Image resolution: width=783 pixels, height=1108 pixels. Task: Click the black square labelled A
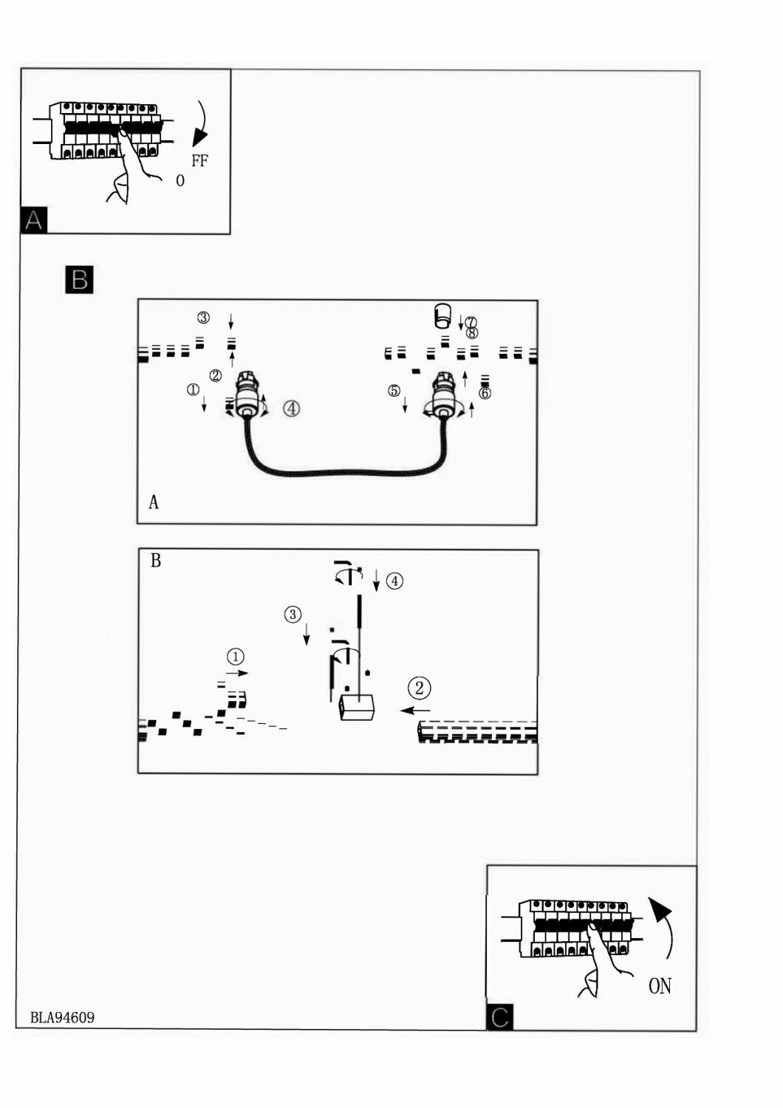34,220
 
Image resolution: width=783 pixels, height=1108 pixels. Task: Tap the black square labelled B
79,279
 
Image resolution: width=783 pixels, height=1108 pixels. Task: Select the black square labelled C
499,1017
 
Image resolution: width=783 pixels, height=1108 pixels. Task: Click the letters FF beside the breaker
199,160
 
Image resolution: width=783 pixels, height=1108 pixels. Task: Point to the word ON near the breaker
660,985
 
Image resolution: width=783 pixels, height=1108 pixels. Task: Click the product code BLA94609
62,1017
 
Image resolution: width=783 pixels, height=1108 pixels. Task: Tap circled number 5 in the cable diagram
394,390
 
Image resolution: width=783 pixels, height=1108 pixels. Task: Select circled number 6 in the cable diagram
485,393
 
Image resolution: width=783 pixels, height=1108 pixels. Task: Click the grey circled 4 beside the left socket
292,408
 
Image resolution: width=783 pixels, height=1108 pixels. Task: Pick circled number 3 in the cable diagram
203,318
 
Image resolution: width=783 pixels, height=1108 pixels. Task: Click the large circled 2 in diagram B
419,688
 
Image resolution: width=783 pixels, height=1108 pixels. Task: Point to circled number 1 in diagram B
235,656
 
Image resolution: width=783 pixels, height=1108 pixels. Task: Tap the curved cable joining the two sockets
347,473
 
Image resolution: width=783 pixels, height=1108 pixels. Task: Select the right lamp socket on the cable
445,395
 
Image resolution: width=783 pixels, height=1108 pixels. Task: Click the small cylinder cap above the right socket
442,315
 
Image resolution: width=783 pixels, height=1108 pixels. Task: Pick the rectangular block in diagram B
357,707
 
